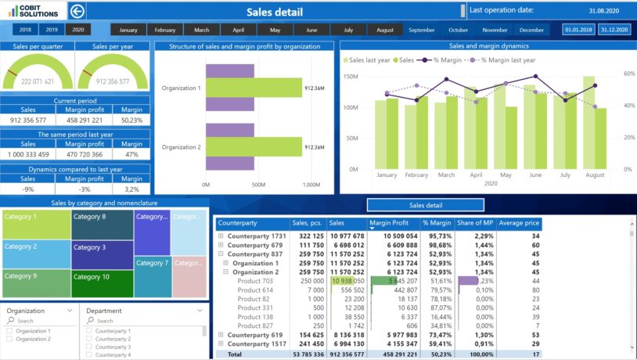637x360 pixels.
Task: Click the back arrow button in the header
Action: (x=77, y=11)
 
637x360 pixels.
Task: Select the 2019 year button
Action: (x=52, y=30)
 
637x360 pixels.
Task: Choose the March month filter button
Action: (x=202, y=30)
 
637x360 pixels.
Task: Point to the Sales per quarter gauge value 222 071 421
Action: (x=38, y=81)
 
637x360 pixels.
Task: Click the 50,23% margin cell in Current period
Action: (x=131, y=120)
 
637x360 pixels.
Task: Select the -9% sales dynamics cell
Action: (x=28, y=189)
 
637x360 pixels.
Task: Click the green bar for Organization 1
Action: (x=254, y=88)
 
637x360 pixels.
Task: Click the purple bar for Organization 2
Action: (x=230, y=161)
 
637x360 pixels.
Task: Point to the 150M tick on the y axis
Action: (x=350, y=77)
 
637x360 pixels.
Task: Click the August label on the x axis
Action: (x=595, y=175)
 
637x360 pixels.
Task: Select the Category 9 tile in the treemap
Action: (x=35, y=283)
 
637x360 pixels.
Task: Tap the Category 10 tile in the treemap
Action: (x=102, y=283)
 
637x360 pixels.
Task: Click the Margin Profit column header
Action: (x=394, y=224)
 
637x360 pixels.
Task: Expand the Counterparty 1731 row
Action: (x=221, y=236)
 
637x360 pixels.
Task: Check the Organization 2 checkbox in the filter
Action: (x=9, y=339)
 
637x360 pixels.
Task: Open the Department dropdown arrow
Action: (x=199, y=311)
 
